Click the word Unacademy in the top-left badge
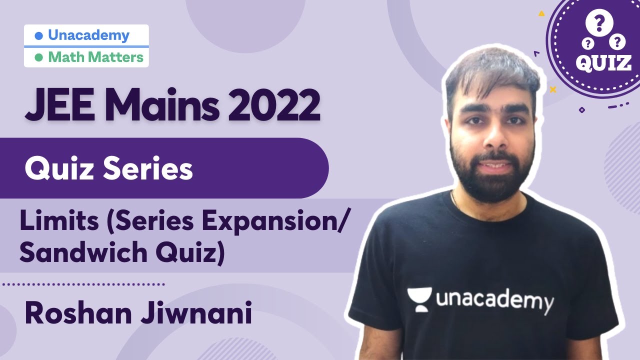88,35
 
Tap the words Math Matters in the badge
95,57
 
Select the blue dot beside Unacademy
39,36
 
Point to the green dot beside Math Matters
39,57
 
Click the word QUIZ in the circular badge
602,62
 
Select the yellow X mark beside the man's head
552,90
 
